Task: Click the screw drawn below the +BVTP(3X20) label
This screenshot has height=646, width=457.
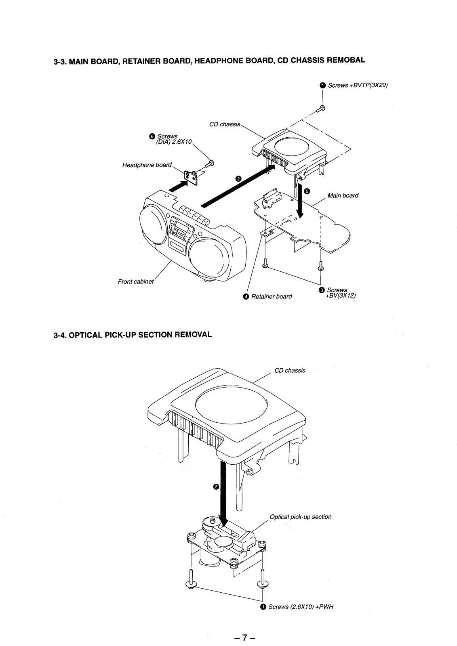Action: pyautogui.click(x=322, y=108)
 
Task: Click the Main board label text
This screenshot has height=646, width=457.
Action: pyautogui.click(x=343, y=195)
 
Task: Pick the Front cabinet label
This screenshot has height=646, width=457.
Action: pyautogui.click(x=136, y=281)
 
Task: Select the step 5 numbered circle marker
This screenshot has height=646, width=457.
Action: pyautogui.click(x=307, y=191)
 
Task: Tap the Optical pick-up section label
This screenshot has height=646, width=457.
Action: pyautogui.click(x=301, y=517)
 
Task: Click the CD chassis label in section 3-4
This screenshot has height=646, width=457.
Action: pyautogui.click(x=290, y=370)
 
